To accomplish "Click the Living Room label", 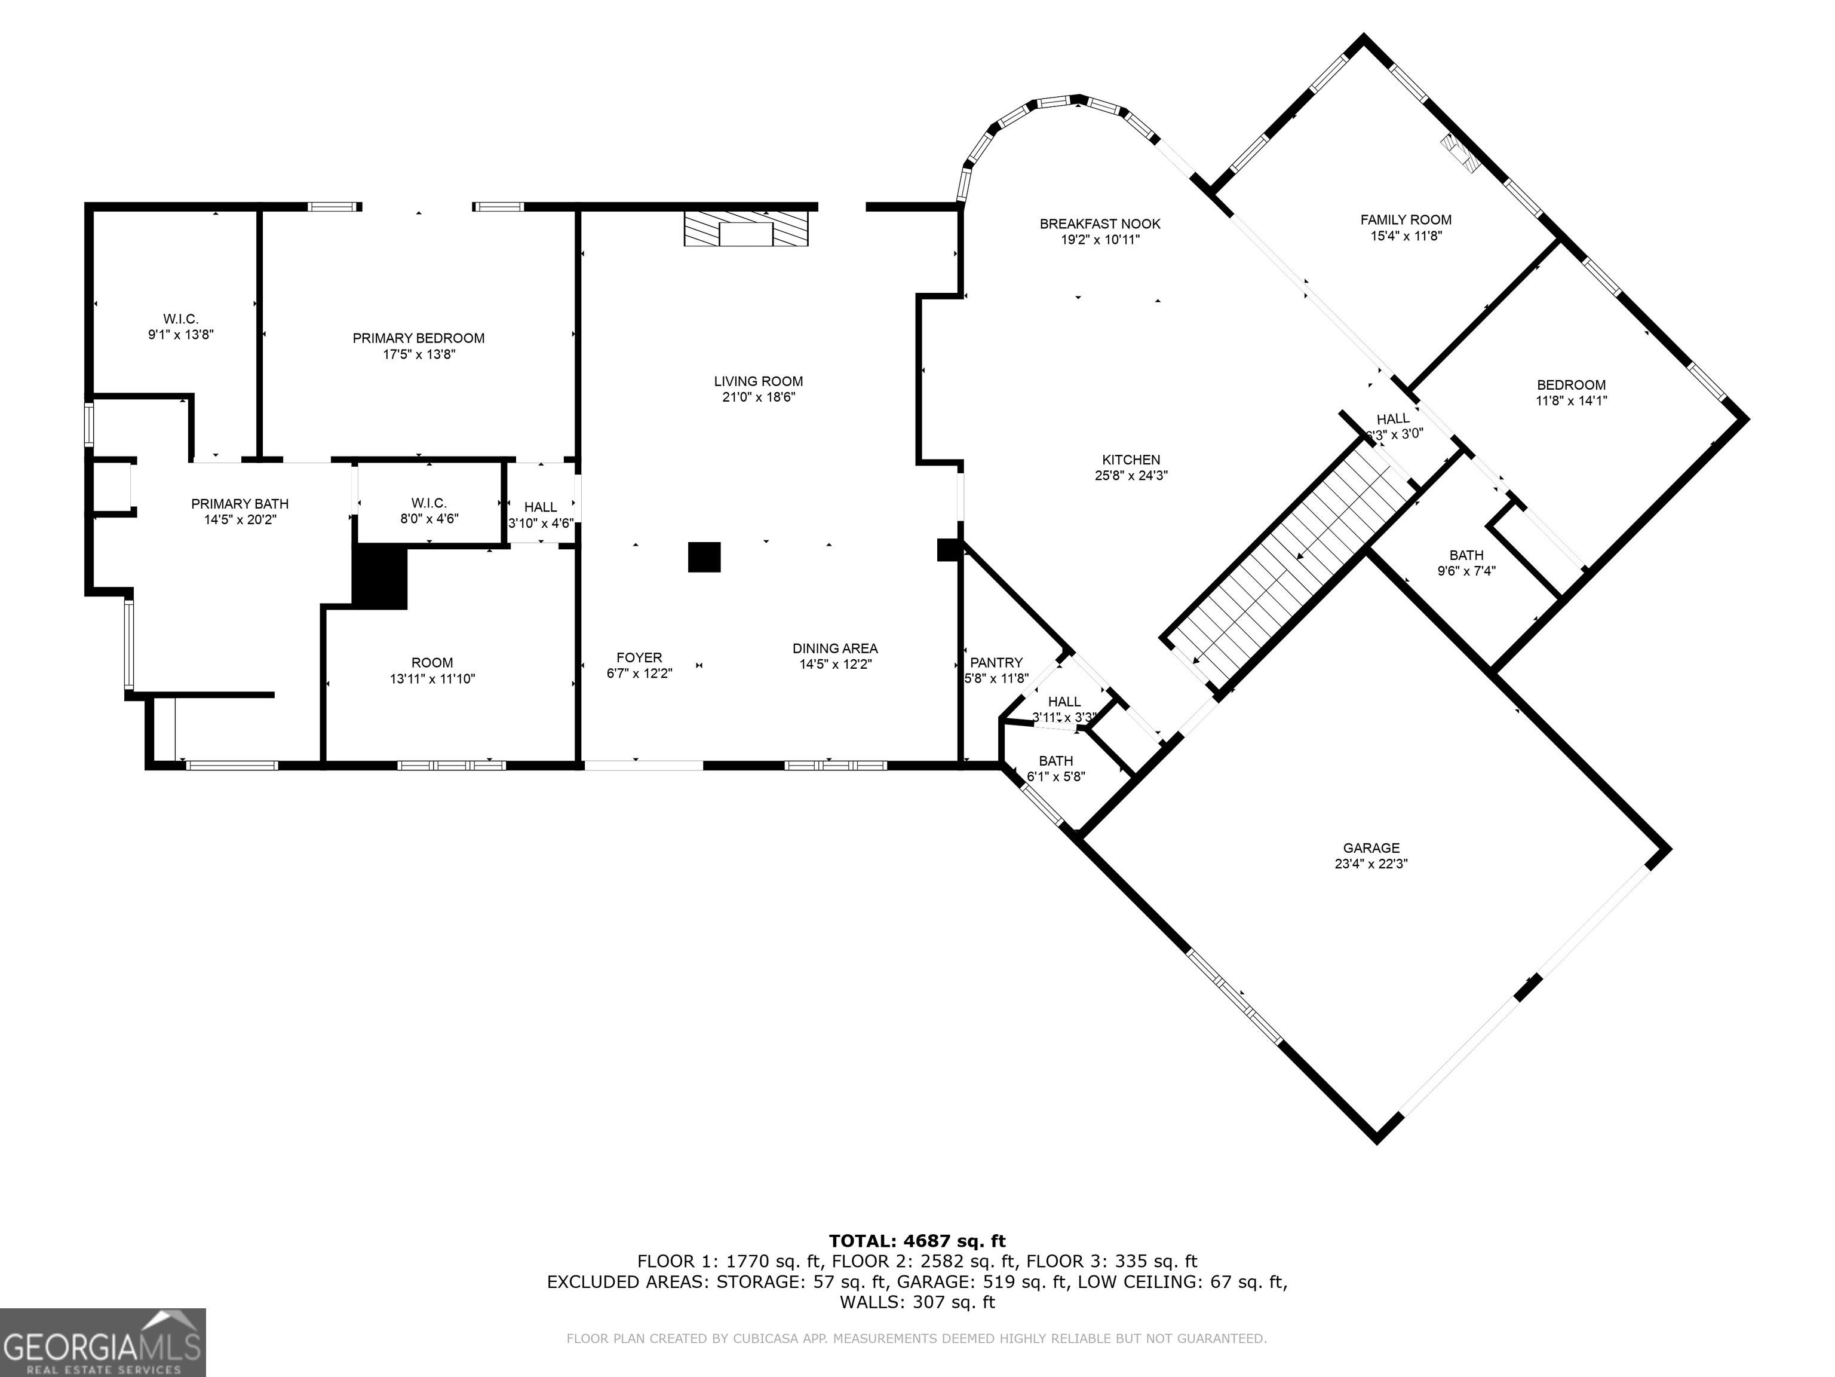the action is [758, 382].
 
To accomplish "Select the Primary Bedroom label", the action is [418, 339].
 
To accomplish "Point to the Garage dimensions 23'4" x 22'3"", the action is [1371, 863].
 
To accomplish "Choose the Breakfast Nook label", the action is [1100, 224].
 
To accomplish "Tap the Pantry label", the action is [996, 662].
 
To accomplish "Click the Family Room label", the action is [1406, 220].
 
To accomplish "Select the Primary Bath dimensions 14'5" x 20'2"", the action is [240, 519].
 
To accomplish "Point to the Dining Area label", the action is [834, 648].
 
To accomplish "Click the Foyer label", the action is [639, 658].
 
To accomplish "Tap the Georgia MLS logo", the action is [103, 1342].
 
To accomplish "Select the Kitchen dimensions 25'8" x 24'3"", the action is [1131, 476].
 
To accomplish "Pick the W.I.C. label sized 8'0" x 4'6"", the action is [429, 503].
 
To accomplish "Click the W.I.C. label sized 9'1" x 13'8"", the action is [181, 319].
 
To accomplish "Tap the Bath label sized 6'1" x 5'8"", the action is [1056, 761].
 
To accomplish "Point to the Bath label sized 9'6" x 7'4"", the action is [1466, 555].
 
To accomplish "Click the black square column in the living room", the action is [704, 557].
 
